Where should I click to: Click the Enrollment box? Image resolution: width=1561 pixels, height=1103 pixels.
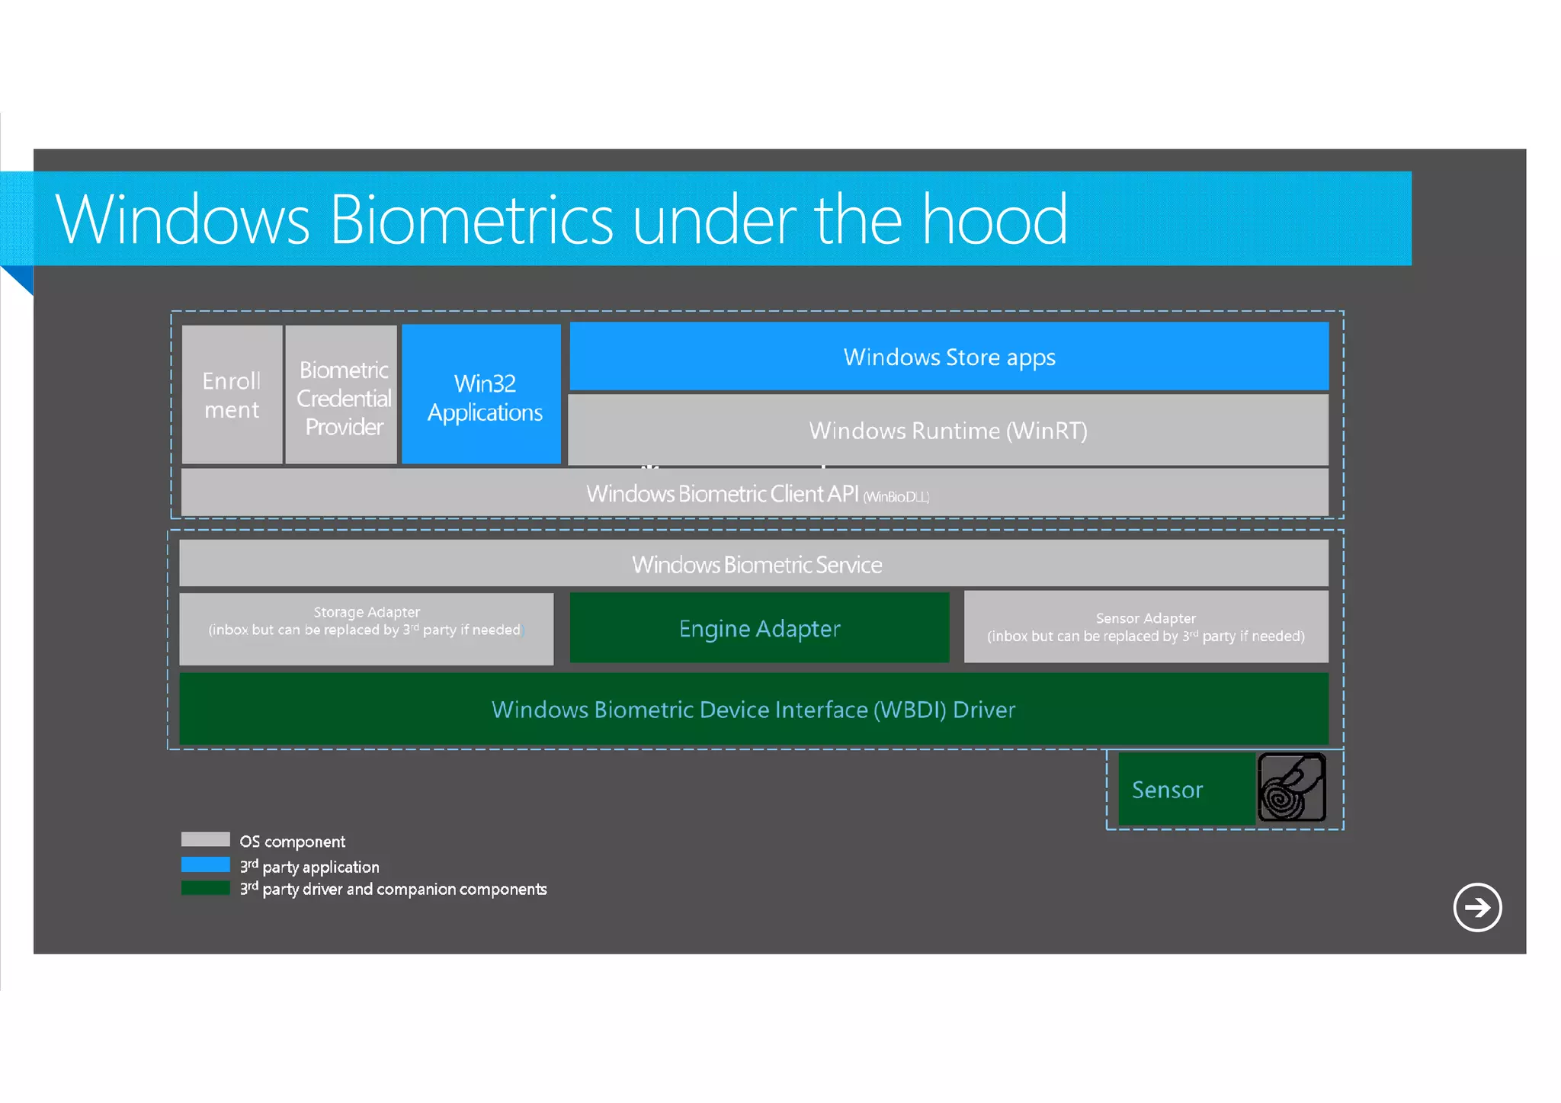click(232, 395)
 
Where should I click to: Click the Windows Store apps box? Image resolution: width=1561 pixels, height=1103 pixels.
click(949, 357)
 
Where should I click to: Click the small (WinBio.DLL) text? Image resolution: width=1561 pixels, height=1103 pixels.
click(896, 497)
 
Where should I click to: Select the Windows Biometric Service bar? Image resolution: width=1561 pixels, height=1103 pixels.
click(755, 564)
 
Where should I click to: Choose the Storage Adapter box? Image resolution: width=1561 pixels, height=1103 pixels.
click(367, 628)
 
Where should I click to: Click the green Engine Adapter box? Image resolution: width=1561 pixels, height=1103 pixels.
click(759, 628)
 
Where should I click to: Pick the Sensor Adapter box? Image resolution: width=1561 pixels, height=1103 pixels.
click(1146, 627)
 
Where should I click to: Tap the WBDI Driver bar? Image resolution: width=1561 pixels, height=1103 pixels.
click(753, 710)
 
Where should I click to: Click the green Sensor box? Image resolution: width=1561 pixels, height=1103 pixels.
click(1185, 789)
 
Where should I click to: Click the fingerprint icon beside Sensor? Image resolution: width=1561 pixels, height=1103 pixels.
click(1291, 787)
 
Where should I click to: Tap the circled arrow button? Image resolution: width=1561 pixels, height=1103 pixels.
click(1477, 907)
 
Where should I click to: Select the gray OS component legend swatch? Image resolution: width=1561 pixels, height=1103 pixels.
click(206, 839)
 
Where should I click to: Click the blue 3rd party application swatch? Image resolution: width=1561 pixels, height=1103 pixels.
click(206, 864)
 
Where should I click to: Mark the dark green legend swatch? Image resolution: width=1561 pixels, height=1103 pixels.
click(206, 888)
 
